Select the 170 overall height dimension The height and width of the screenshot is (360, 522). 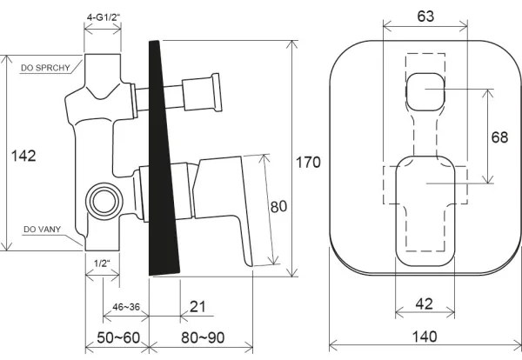pos(308,162)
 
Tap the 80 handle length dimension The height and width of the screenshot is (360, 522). pos(278,208)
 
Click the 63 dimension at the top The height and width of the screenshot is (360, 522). pos(425,16)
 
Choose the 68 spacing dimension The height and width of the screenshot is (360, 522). pos(499,137)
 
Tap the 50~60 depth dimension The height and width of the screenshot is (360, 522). pos(116,337)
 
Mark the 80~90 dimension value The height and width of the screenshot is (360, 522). pos(199,337)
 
